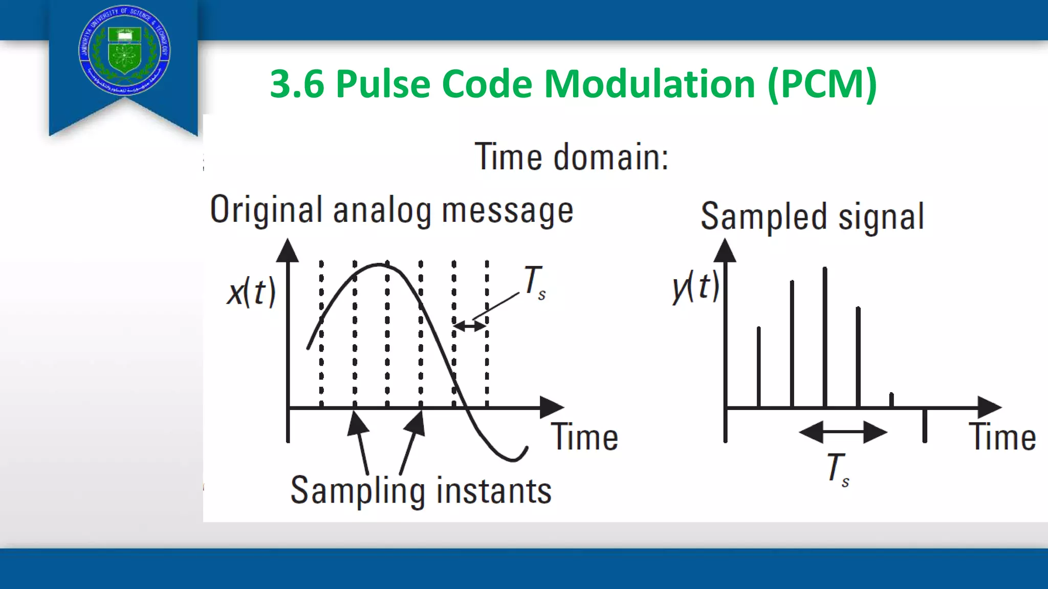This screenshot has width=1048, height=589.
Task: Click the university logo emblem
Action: coord(124,51)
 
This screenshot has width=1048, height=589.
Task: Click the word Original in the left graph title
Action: coord(266,210)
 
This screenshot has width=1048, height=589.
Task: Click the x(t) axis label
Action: coord(251,292)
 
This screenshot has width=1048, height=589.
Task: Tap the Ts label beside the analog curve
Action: coord(534,282)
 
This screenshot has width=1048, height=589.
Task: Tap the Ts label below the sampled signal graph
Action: coord(838,468)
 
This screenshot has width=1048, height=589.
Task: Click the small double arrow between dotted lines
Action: coord(470,325)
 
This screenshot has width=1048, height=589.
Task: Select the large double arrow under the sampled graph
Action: coord(843,433)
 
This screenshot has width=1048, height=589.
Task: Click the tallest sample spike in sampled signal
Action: coord(825,337)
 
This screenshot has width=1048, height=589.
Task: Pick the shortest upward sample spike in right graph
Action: coord(891,400)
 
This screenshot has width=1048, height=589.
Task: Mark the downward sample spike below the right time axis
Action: coord(924,425)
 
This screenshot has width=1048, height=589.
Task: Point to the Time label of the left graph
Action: coord(584,438)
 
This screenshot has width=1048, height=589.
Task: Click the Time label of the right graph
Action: coord(1002,438)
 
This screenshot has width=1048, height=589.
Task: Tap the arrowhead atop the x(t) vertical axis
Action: coord(288,251)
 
